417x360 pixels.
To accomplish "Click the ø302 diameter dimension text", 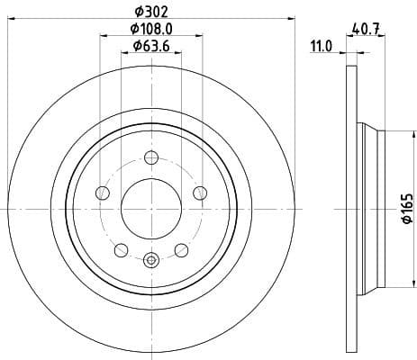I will pyautogui.click(x=150, y=12).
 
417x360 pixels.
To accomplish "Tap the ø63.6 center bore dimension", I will pyautogui.click(x=150, y=46).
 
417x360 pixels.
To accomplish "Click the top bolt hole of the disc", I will pyautogui.click(x=150, y=159).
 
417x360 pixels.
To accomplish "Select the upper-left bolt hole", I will pyautogui.click(x=103, y=193).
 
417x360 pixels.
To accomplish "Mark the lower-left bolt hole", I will pyautogui.click(x=121, y=249).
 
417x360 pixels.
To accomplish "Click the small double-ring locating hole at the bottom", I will pyautogui.click(x=150, y=261).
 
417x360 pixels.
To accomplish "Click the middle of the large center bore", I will pyautogui.click(x=150, y=209).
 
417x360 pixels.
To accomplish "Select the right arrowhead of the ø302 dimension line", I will pyautogui.click(x=292, y=19).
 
